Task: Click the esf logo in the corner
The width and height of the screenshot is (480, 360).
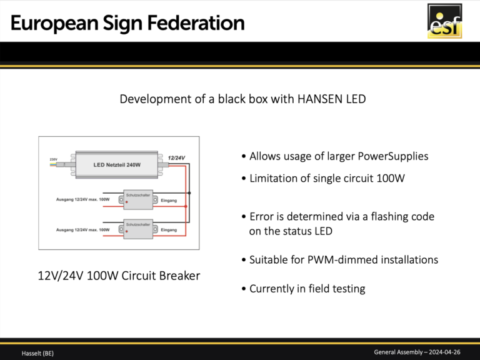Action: click(x=444, y=21)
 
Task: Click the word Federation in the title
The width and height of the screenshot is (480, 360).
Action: click(x=196, y=23)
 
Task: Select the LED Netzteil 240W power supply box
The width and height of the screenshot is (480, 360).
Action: click(x=117, y=165)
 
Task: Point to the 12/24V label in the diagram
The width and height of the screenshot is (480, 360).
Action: click(x=176, y=158)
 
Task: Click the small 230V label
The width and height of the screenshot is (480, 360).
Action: click(x=54, y=159)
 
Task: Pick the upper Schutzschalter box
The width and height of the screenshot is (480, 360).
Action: click(x=138, y=199)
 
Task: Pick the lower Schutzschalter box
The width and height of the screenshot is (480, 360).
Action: click(x=138, y=229)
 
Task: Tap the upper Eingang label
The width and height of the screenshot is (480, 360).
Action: click(x=169, y=201)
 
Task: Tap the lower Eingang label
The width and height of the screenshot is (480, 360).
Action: click(x=169, y=230)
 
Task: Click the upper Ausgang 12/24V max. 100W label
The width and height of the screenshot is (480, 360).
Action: click(x=82, y=199)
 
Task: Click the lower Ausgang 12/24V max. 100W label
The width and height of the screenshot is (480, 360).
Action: click(x=82, y=229)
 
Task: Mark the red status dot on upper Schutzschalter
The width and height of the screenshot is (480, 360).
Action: click(x=127, y=202)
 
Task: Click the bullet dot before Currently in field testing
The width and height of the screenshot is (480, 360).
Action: click(x=244, y=289)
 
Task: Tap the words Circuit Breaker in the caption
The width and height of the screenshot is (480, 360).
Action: click(x=161, y=276)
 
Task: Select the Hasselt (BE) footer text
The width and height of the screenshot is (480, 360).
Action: click(x=37, y=353)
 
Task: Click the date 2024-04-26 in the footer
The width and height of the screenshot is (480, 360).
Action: click(x=444, y=352)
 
